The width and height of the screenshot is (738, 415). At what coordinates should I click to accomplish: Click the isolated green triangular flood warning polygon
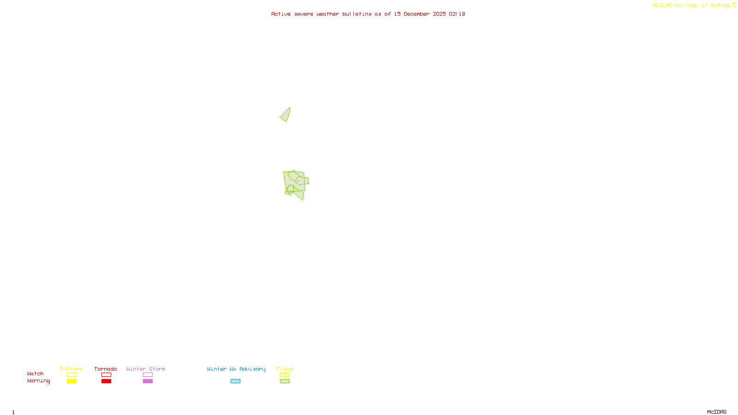click(x=286, y=115)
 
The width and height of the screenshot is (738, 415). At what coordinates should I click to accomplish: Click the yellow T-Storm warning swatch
click(x=71, y=381)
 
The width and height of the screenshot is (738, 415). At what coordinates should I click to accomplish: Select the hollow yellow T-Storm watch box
click(x=71, y=375)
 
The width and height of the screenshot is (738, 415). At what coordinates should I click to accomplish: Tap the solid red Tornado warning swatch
click(x=106, y=381)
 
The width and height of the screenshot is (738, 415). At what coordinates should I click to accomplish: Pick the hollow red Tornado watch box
click(x=106, y=375)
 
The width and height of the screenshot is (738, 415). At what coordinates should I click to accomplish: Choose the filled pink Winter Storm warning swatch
click(x=148, y=381)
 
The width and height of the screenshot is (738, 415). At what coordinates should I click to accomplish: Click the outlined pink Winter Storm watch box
click(x=148, y=375)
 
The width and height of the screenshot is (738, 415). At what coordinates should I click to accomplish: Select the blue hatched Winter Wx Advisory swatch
click(x=235, y=381)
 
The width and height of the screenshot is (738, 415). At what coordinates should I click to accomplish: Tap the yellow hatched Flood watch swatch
click(x=285, y=375)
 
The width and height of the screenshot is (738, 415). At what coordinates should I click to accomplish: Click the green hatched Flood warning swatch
click(x=285, y=381)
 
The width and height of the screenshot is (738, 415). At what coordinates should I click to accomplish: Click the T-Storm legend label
click(x=71, y=369)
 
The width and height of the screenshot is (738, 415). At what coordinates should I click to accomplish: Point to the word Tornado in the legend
click(x=106, y=369)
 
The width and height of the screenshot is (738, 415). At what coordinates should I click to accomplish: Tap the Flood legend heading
click(x=285, y=369)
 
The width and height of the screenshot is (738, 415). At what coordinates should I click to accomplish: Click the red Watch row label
click(x=36, y=374)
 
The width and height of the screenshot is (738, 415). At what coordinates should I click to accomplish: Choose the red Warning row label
click(x=38, y=381)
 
